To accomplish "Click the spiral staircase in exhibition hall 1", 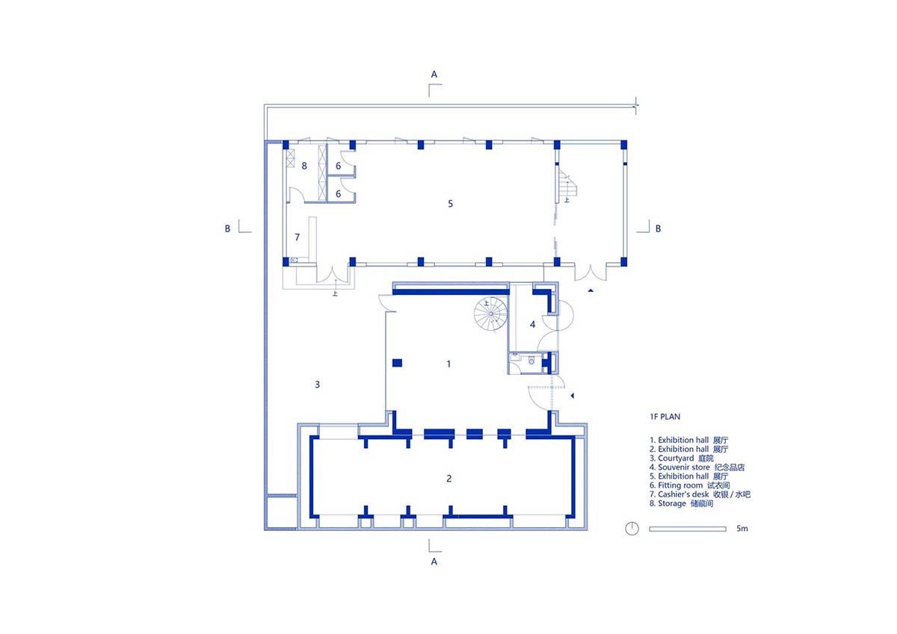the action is point(491,314).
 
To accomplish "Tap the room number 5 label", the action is point(450,204).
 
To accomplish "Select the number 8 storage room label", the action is point(304,166).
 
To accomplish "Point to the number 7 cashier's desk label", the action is point(298,237).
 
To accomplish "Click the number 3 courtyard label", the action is point(317,385).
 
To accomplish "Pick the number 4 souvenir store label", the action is point(532,324).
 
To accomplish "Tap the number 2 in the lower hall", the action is point(449,479).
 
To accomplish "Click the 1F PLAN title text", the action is point(665,417).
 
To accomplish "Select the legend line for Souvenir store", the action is point(697,467).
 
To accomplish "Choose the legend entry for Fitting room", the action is point(689,485).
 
